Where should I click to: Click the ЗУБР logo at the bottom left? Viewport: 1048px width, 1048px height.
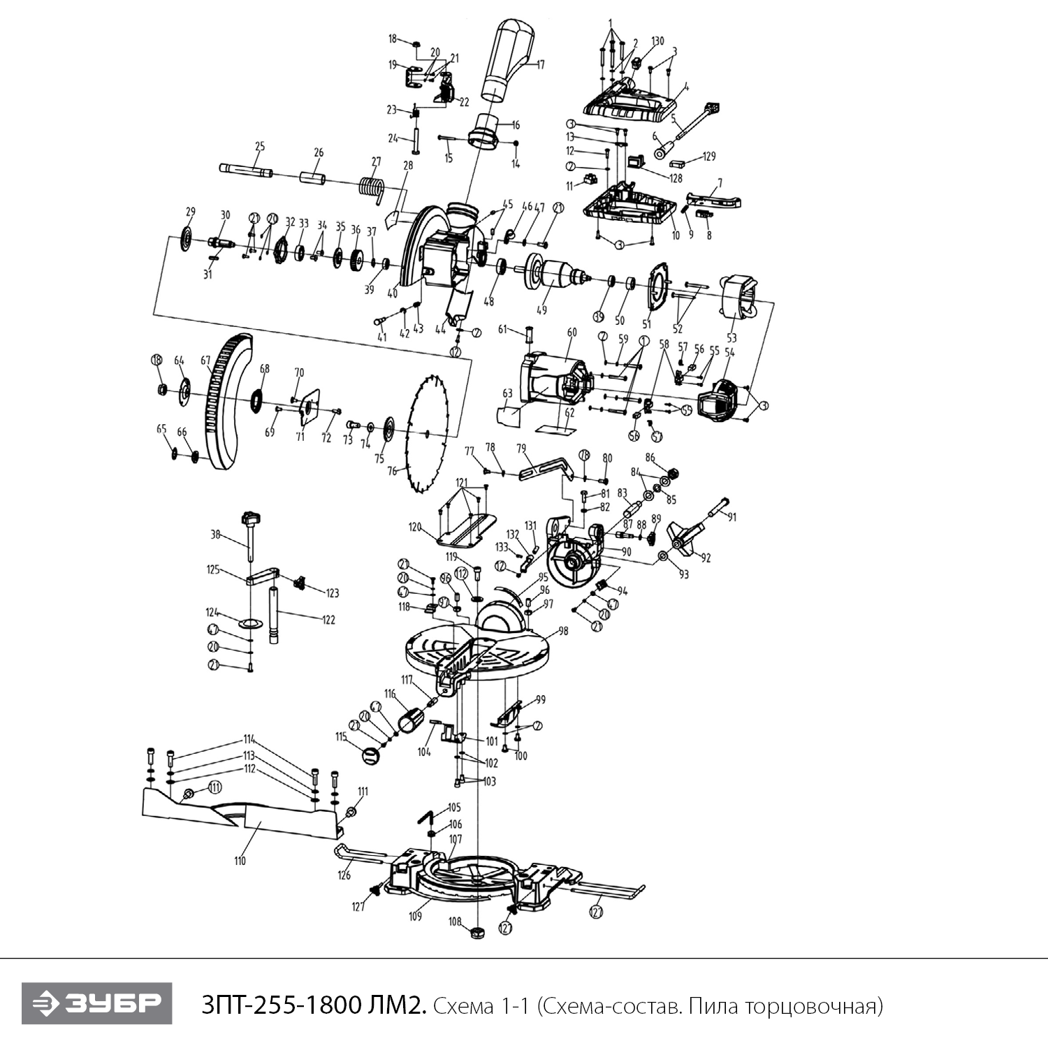point(96,1004)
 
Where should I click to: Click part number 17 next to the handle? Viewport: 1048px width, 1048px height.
point(540,65)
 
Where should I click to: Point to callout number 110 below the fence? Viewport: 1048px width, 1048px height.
point(240,861)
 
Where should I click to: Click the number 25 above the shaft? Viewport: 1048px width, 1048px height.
point(260,147)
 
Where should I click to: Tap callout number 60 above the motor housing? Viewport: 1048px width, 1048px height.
point(572,333)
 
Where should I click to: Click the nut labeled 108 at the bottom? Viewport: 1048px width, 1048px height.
point(478,932)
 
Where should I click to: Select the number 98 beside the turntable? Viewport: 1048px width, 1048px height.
point(562,631)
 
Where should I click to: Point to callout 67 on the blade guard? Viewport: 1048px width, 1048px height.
point(205,361)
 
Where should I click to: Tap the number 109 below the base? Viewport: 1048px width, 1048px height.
point(416,916)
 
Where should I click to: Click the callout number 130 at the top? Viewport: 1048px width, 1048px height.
point(657,41)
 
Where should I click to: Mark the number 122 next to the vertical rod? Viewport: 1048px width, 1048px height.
point(328,619)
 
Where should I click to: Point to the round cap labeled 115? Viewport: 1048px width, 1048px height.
point(371,755)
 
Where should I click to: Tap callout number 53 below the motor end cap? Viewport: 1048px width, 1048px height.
point(732,338)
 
